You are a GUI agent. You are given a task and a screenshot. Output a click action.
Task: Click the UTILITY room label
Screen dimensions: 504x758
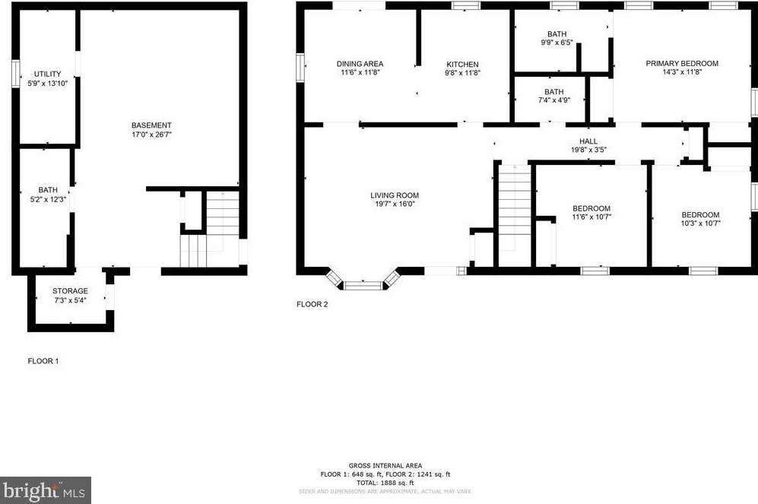47,74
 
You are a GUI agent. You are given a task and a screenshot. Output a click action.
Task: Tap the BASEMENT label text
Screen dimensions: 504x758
151,125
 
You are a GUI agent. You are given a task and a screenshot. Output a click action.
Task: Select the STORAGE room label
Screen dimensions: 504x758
70,291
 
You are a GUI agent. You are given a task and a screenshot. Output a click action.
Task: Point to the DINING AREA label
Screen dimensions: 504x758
360,64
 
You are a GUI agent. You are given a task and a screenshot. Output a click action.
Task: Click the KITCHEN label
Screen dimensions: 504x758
462,64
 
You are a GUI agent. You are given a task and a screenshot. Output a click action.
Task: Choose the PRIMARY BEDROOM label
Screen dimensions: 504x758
682,64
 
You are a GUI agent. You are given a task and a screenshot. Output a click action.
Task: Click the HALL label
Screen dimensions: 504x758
588,141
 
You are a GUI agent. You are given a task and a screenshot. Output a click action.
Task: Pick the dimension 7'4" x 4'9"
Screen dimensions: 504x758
553,100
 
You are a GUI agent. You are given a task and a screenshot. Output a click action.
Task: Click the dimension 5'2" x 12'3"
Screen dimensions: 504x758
47,199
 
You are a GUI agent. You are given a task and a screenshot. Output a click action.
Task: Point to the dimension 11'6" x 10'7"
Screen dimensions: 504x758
591,217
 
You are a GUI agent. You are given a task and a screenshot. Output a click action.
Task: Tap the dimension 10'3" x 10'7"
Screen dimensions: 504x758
699,223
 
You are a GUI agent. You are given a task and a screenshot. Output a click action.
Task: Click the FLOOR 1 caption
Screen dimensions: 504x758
43,361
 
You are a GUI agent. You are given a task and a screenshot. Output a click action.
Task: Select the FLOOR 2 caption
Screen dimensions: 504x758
312,304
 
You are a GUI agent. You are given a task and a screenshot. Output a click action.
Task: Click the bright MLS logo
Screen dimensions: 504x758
46,490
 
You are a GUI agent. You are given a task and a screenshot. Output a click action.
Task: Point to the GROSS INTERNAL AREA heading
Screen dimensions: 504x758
385,465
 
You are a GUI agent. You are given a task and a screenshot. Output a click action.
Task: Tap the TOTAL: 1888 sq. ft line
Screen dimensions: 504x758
385,482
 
